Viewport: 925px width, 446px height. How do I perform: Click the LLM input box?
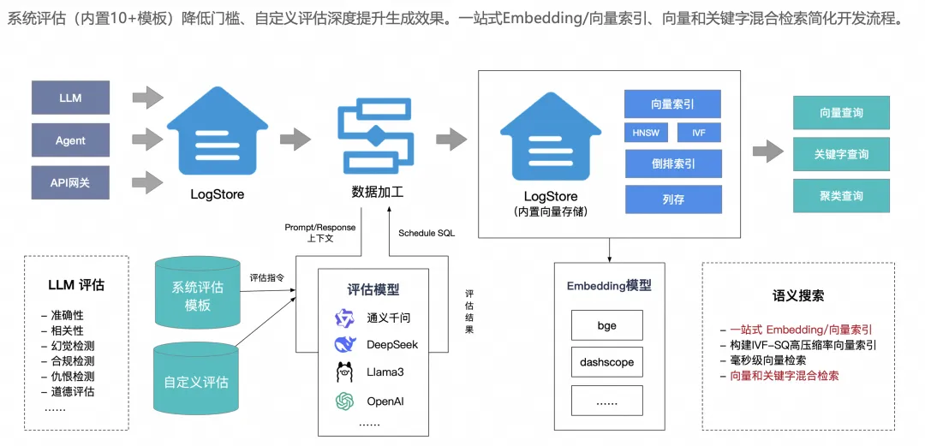coord(70,98)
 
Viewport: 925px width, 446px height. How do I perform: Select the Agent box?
coord(70,140)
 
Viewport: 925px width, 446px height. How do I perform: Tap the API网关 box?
coord(70,183)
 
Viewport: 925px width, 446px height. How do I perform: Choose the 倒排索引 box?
coord(673,164)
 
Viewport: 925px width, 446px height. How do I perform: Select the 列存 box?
coord(673,199)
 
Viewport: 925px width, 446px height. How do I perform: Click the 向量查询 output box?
coord(841,113)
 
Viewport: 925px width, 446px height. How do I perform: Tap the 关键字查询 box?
coord(841,155)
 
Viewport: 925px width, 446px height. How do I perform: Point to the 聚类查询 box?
coord(841,196)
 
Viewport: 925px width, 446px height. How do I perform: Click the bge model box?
coord(606,326)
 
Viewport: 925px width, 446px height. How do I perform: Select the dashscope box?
coord(606,361)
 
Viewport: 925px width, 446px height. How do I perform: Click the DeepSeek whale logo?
coord(345,344)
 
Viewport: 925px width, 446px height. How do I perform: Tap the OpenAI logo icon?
coord(344,401)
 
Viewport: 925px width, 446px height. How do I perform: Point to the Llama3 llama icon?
coord(344,372)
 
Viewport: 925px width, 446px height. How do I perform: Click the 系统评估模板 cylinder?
coord(197,294)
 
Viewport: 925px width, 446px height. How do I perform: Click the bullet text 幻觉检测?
coord(69,346)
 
